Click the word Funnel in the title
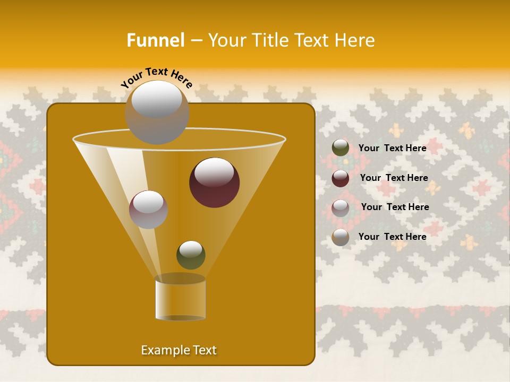[155, 40]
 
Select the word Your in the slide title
[225, 40]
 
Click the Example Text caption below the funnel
[179, 350]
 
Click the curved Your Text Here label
[157, 77]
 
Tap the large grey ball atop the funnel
[157, 112]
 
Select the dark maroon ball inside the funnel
[214, 182]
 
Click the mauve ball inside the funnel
[148, 209]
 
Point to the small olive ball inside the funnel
[191, 255]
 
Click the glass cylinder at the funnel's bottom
[180, 299]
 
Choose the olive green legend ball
[341, 148]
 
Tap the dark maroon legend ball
[341, 178]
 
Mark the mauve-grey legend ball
[341, 207]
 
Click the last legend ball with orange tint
[341, 237]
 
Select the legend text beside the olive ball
[392, 148]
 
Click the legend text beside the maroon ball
[394, 178]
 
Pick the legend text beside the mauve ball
[395, 207]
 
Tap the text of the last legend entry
[392, 237]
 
